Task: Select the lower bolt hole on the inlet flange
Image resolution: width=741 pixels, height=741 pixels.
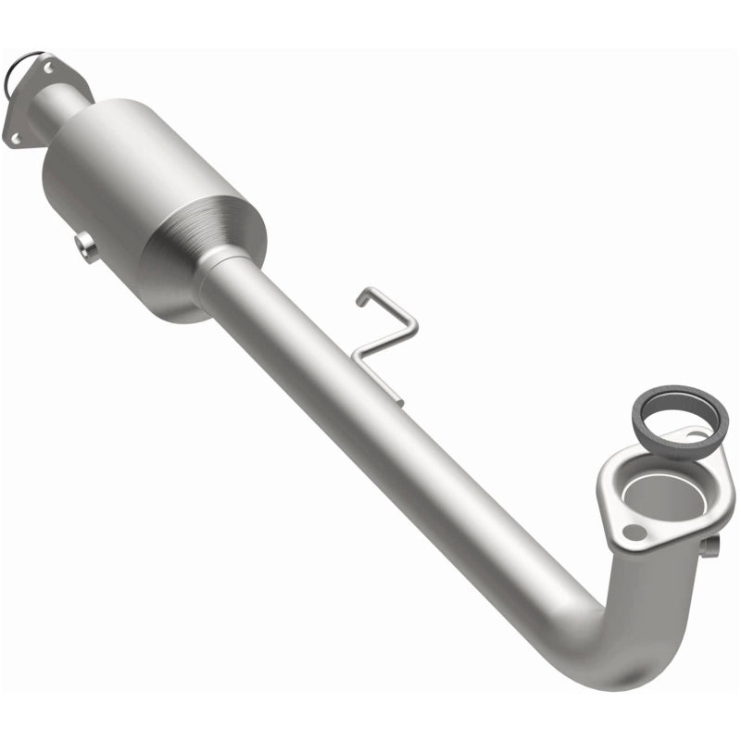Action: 15,139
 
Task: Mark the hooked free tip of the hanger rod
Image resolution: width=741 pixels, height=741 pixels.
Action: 362,300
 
